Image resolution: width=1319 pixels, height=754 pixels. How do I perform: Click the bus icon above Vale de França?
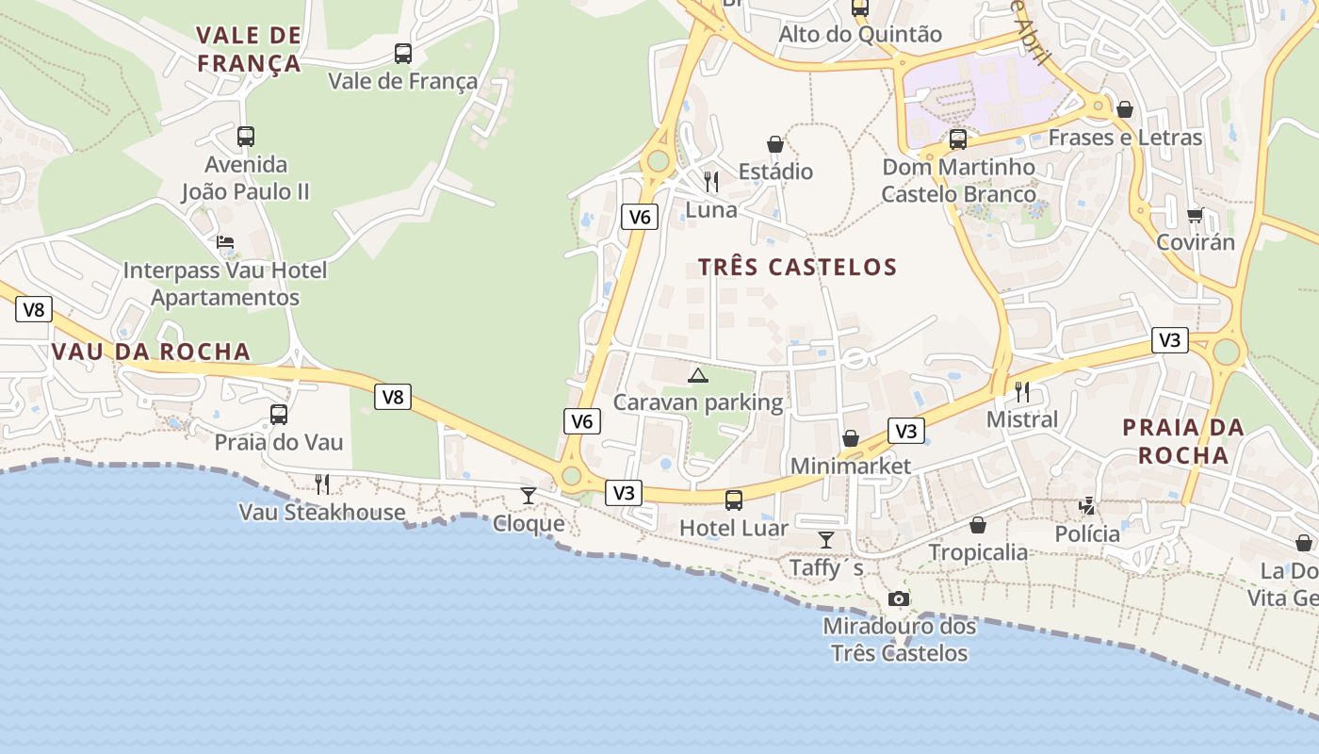[x=403, y=54]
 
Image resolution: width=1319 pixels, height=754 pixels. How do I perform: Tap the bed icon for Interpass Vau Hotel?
[x=225, y=242]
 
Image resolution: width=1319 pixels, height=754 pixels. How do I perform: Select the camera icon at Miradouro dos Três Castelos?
[x=899, y=598]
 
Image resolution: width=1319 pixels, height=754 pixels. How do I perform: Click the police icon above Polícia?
[x=1087, y=506]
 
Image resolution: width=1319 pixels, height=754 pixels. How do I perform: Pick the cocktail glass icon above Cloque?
[x=529, y=496]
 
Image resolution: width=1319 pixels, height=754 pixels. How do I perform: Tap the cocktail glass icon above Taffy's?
[x=826, y=540]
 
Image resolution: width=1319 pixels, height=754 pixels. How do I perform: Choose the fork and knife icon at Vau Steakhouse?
[x=322, y=484]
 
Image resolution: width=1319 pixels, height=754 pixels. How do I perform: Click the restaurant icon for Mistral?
[x=1022, y=391]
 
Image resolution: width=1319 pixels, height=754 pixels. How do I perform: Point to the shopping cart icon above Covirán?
[x=1196, y=215]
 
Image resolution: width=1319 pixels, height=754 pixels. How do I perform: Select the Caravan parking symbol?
[x=698, y=376]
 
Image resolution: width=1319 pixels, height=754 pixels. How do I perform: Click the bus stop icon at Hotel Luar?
[x=734, y=500]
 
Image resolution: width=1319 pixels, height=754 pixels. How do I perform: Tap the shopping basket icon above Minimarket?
[x=851, y=438]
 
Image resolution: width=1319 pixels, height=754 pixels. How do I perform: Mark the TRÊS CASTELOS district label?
[x=798, y=268]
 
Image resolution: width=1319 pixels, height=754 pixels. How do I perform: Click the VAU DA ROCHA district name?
[x=151, y=352]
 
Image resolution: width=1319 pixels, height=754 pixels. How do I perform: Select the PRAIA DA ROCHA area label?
[x=1182, y=441]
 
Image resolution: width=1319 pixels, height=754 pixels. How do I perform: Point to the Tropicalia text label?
[x=978, y=552]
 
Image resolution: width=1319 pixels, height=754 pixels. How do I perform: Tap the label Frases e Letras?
[x=1125, y=138]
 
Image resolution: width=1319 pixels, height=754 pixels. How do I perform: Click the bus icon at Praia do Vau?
[x=279, y=415]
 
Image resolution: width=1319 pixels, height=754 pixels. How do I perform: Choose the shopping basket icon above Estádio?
[x=775, y=144]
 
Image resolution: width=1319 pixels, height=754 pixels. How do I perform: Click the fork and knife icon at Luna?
[x=711, y=181]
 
